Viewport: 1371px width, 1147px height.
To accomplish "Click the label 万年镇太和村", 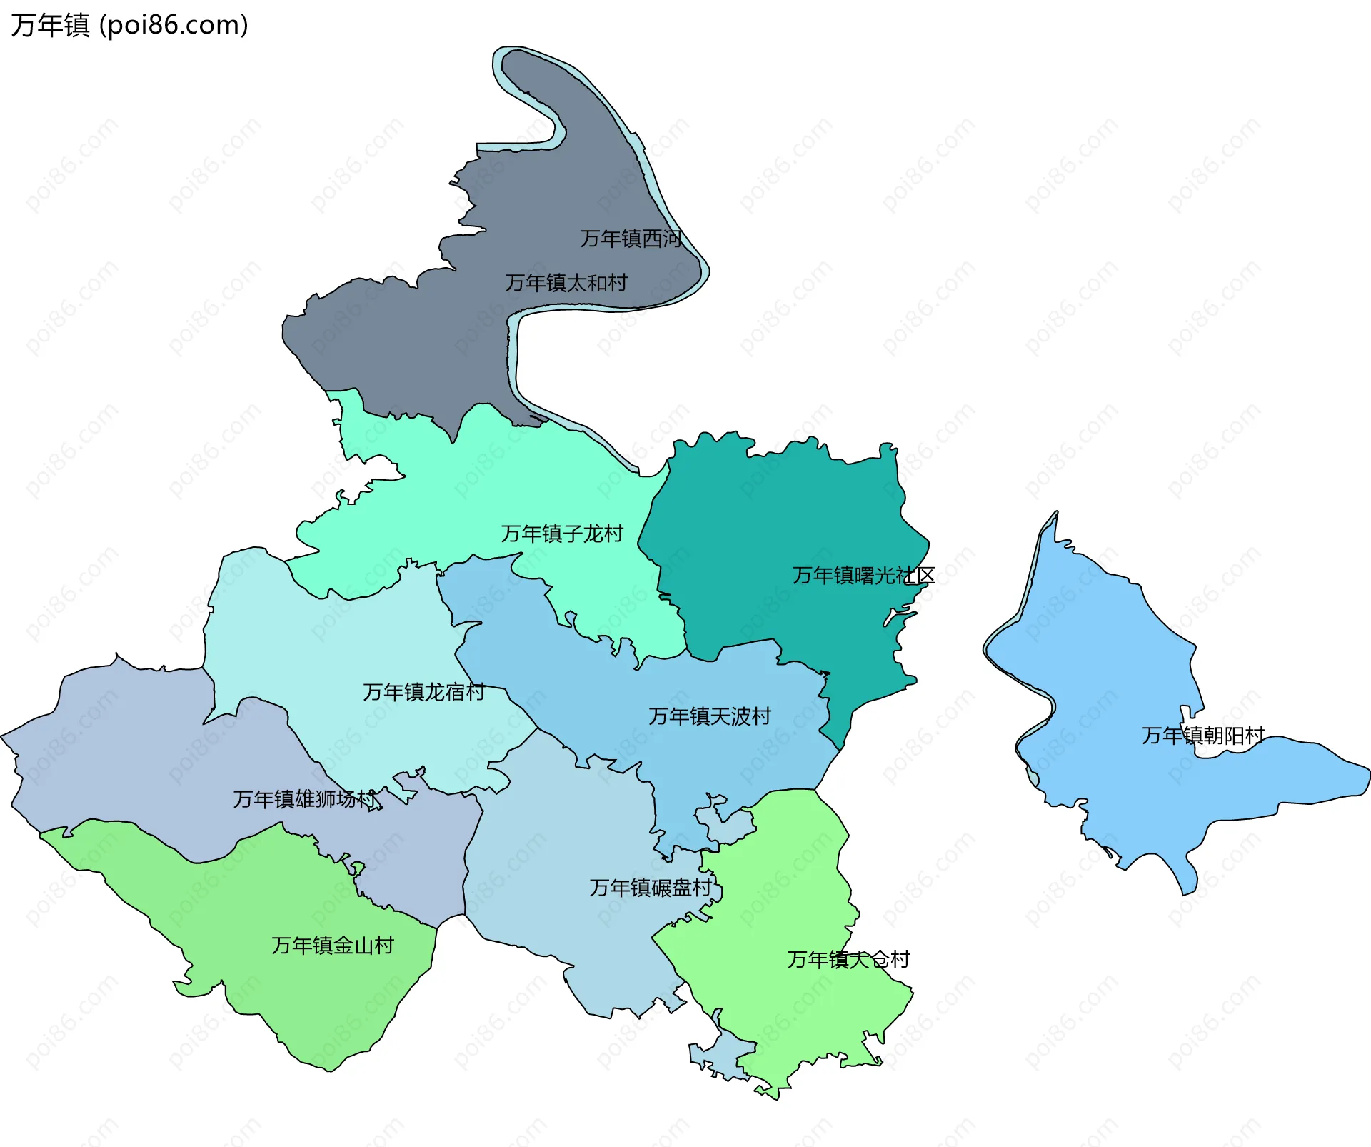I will click(566, 283).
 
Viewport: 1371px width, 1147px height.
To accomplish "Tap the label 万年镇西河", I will click(631, 239).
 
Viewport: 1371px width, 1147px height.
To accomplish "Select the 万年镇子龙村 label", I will click(561, 534).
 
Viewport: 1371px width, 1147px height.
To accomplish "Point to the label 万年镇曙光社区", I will click(863, 576).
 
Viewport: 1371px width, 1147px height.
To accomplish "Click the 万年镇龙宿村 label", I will click(423, 692).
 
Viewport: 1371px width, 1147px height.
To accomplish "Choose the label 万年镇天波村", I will click(710, 716).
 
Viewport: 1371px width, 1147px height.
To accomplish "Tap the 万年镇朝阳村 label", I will click(1203, 736).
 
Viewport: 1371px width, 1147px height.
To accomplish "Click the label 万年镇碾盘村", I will click(651, 888).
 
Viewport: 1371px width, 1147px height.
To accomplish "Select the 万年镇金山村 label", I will click(333, 946).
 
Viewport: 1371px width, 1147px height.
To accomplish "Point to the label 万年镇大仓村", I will click(848, 960).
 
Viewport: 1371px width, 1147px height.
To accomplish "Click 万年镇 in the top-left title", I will click(50, 26).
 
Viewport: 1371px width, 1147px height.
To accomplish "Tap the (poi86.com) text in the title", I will click(174, 26).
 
